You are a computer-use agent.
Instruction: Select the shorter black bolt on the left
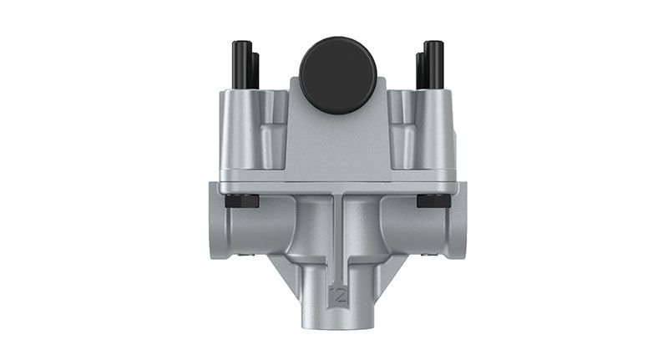click(x=256, y=71)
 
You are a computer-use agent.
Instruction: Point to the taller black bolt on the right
click(x=434, y=65)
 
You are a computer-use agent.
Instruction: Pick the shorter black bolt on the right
click(x=420, y=71)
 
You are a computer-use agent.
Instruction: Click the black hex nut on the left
click(x=242, y=201)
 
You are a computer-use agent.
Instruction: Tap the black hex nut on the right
click(x=433, y=201)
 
